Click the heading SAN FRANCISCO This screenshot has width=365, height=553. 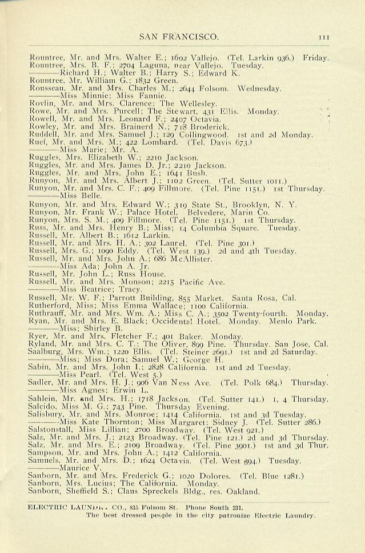pos(179,37)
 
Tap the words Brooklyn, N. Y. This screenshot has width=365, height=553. pos(264,204)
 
